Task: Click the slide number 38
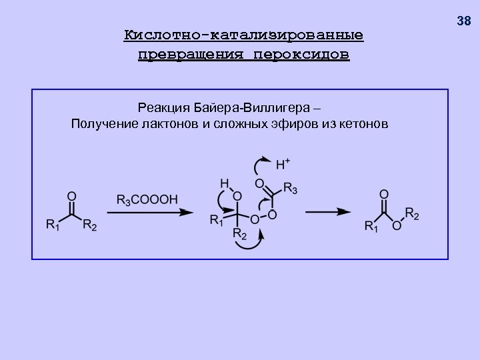(x=464, y=21)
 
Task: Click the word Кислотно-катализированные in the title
(x=243, y=35)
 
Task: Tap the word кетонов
(x=361, y=124)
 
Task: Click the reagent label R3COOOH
(x=147, y=199)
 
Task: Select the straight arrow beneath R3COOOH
(x=149, y=213)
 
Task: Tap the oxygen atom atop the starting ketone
(x=71, y=197)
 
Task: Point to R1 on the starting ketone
(x=52, y=226)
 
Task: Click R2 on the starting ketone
(x=89, y=226)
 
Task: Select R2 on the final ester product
(x=413, y=215)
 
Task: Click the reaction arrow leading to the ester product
(x=328, y=212)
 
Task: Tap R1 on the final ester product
(x=372, y=226)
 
